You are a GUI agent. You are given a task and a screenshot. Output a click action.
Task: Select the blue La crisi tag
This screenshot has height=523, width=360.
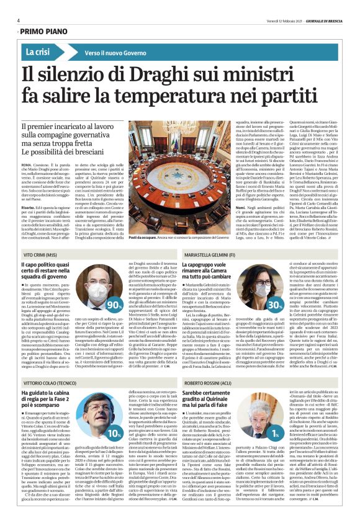tap(38, 53)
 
